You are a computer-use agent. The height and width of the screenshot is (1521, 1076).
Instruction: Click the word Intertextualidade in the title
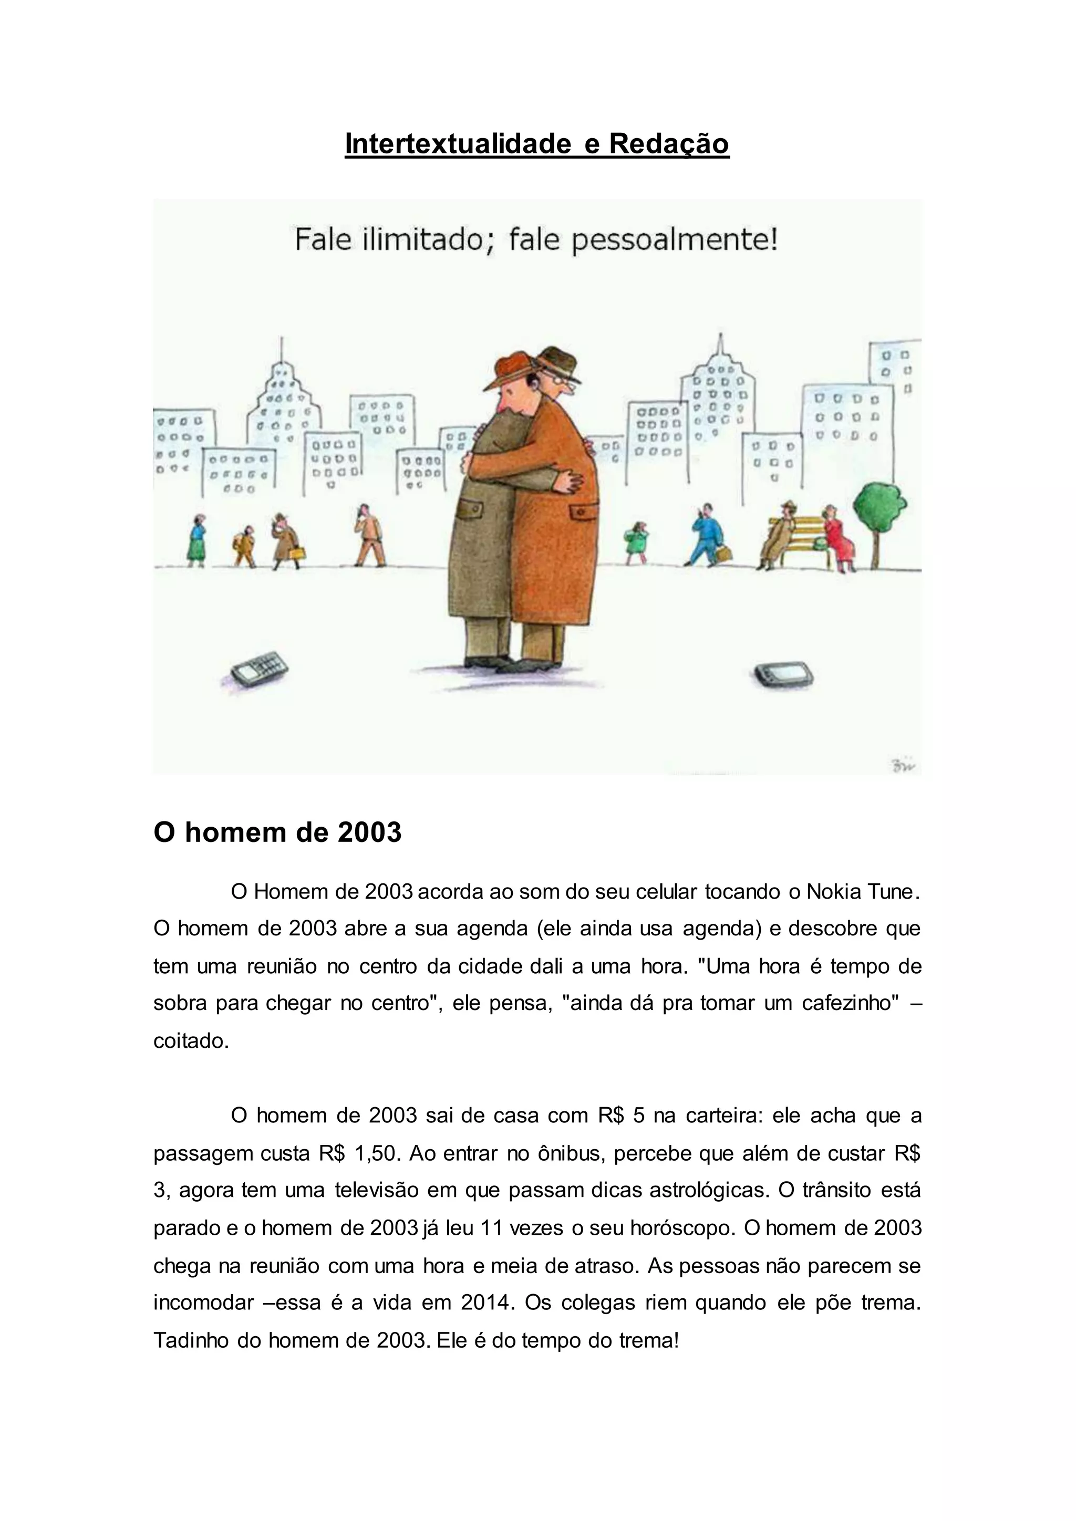(x=457, y=144)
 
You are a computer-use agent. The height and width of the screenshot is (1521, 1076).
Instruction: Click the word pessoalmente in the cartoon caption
(x=674, y=240)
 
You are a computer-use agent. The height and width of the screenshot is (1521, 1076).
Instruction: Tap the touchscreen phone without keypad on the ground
(x=784, y=674)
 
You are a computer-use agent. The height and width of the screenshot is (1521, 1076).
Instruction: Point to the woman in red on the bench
(x=837, y=537)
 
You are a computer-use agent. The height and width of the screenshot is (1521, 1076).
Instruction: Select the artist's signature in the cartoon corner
(x=903, y=766)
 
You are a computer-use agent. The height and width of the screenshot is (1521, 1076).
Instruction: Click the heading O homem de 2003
(x=277, y=832)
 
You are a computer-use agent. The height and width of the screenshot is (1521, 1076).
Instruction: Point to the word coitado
(x=190, y=1041)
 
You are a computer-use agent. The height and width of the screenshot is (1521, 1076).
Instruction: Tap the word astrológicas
(x=708, y=1191)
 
